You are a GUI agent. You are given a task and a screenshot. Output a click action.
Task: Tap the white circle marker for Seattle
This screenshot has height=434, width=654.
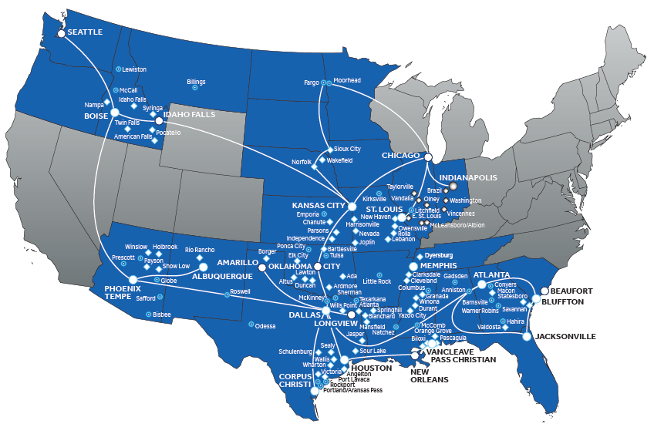point(62,33)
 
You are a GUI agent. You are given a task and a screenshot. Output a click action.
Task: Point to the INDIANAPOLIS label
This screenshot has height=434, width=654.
point(487,177)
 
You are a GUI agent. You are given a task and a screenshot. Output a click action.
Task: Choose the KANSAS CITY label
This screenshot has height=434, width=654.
point(318,206)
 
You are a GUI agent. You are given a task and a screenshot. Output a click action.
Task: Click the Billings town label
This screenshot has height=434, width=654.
point(197,81)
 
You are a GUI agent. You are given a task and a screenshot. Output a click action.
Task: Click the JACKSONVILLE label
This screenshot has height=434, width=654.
point(566,337)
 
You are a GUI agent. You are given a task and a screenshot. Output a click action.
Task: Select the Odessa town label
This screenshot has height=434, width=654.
point(266,326)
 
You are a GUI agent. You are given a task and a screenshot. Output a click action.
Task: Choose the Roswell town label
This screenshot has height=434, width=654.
point(241,293)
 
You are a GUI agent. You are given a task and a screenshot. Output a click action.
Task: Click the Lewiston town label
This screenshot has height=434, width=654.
point(134,69)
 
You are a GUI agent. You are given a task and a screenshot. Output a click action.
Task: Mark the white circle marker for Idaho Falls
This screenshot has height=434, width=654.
point(159,120)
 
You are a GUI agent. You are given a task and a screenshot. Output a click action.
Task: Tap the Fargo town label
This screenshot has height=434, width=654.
point(312,82)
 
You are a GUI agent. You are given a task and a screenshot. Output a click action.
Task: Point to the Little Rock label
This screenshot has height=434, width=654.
point(377,281)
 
